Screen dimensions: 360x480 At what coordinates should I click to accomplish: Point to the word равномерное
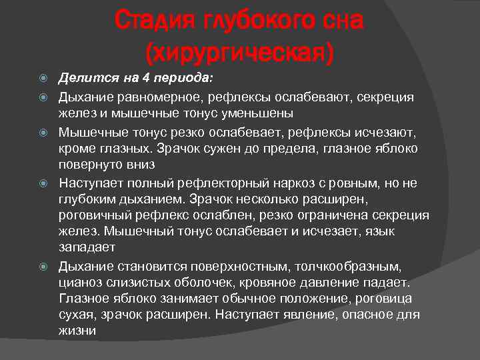point(150,97)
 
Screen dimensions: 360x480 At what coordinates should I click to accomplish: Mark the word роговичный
point(93,215)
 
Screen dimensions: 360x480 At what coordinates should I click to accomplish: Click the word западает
point(87,247)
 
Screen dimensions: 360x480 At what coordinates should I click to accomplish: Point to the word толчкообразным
point(357,266)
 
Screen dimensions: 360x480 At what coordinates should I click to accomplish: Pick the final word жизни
point(77,330)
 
